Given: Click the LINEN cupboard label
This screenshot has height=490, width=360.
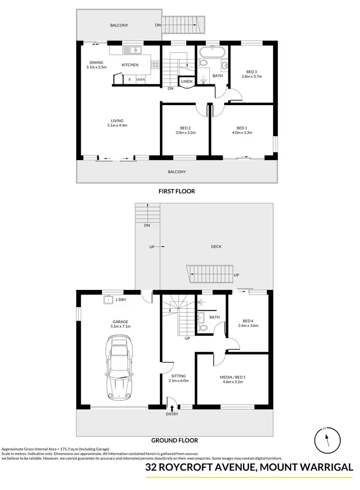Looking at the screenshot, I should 187,82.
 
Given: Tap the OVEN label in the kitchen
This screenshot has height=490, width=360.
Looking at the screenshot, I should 140,80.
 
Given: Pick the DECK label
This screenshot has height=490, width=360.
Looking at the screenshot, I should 216,247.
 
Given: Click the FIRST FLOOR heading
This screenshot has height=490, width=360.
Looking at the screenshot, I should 177,191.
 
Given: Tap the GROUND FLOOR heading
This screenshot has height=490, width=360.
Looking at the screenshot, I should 175,440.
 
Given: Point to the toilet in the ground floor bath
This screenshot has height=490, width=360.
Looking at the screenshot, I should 203,328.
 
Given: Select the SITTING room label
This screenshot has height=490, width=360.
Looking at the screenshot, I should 178,376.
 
